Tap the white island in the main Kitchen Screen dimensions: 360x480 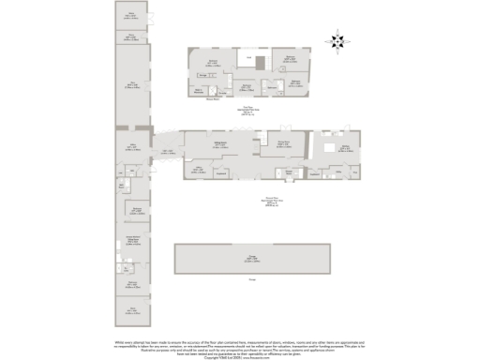[329, 148]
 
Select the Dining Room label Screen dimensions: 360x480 [282, 143]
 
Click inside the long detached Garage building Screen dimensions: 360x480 [252, 258]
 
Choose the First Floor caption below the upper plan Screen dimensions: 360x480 [248, 108]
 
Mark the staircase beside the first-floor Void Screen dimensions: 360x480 [263, 61]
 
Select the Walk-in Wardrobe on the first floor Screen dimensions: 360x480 [200, 91]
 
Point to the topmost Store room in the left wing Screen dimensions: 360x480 [131, 16]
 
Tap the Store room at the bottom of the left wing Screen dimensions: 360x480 [132, 309]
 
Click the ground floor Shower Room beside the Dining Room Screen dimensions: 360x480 [289, 172]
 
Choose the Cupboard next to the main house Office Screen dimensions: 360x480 [222, 172]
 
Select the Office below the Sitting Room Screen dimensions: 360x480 [199, 170]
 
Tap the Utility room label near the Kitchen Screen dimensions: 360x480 [315, 172]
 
